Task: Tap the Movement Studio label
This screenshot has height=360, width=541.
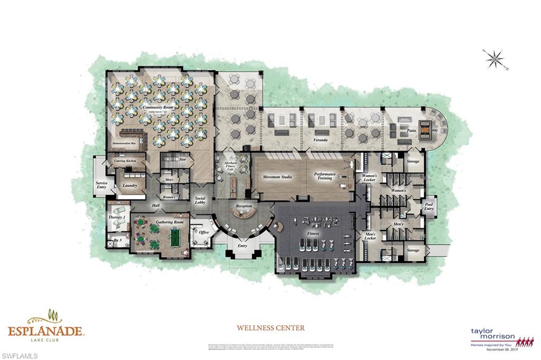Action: tap(278, 177)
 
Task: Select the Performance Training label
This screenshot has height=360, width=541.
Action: tap(325, 176)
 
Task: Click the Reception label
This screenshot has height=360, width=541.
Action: tap(244, 206)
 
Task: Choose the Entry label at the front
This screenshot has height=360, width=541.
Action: tap(242, 245)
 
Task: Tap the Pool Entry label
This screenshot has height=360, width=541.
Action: tap(429, 206)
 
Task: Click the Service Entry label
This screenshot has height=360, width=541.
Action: tap(101, 185)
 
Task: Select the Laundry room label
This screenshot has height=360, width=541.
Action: tap(129, 185)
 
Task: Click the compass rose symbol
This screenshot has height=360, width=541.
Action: tap(495, 59)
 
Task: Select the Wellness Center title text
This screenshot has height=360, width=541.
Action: tap(270, 328)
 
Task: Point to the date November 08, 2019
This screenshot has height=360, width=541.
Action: tap(496, 349)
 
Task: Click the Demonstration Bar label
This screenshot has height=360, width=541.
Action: tap(126, 144)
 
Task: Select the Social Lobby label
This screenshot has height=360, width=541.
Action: tap(200, 200)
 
